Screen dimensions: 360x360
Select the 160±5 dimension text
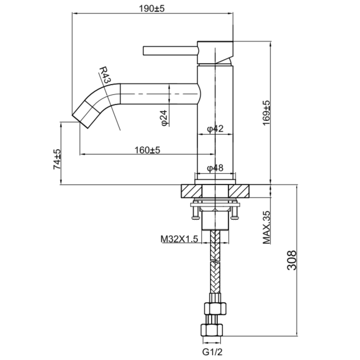coord(147,150)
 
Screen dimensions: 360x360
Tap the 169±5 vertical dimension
coord(266,113)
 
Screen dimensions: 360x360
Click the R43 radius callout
coord(106,76)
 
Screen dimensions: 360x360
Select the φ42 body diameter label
coord(216,129)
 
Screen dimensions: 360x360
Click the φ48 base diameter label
coord(216,168)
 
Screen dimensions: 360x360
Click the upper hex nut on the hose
coord(215,307)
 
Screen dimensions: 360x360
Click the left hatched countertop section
coord(188,191)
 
